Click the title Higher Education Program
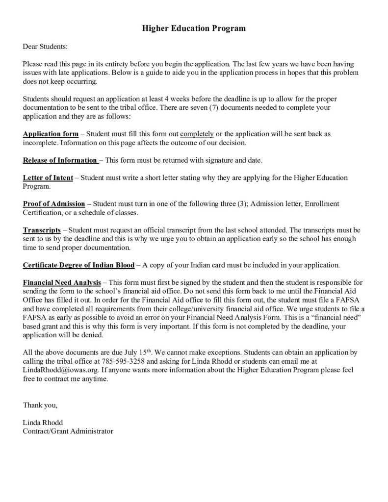point(194,28)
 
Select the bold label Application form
point(51,134)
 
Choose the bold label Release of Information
point(60,160)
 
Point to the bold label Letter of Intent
point(48,177)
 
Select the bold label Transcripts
point(42,229)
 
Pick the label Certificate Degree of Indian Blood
point(78,265)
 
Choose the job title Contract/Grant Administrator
point(68,431)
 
